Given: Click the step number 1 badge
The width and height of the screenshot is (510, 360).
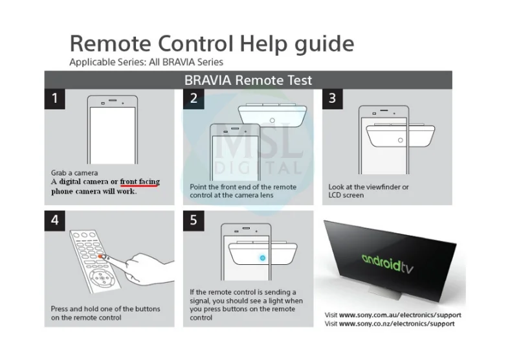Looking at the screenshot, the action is pos(54,98).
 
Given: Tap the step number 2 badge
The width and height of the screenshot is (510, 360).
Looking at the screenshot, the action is pos(194,98).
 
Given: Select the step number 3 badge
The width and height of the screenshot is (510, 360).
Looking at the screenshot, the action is pos(332,98).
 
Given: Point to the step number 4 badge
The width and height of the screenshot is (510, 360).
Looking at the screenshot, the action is pos(54,221).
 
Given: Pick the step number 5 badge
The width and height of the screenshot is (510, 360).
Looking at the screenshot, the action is pos(194,221).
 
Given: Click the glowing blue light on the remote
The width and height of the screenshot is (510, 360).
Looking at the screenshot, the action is pos(263,258).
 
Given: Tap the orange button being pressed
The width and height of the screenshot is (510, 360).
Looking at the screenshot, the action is pos(101,256).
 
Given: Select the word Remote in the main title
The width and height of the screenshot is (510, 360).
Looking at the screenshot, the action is pos(111,43).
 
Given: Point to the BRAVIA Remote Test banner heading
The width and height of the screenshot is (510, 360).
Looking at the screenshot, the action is pos(248,80).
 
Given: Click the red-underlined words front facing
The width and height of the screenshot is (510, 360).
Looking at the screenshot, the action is pos(140,182).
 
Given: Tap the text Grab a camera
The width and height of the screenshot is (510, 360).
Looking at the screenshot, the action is pos(74,173).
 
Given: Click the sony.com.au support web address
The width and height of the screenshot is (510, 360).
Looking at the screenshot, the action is pos(400,315).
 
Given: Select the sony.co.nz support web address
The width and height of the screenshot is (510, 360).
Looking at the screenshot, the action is pos(397,324).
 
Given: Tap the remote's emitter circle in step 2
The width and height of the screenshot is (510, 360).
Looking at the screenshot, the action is pos(272,120).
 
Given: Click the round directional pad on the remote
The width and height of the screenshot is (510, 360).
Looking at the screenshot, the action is pos(102,278).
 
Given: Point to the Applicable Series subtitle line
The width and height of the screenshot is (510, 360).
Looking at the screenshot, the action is pos(146,62).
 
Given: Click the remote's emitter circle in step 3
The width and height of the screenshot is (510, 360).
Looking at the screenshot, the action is pos(401,140).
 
